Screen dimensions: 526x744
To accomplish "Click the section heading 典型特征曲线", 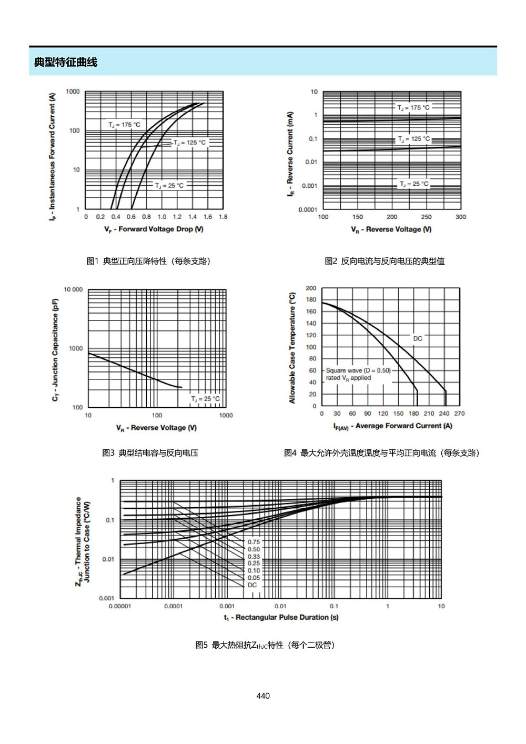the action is pos(65,62).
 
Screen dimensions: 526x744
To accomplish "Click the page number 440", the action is pos(263,696).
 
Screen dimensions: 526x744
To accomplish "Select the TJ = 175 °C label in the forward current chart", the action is pos(125,125).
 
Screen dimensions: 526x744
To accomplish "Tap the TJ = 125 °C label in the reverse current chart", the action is pos(414,139).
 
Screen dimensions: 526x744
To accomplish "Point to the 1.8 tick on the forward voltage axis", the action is pos(223,217).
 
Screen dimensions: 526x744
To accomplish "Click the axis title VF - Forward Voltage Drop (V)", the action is pos(154,229).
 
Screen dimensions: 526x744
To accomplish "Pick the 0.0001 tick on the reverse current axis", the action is pos(308,209).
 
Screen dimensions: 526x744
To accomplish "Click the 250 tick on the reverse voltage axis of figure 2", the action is pos(426,217).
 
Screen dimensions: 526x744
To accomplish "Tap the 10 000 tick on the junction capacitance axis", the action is pos(73,289).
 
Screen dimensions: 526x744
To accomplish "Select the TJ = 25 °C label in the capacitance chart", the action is pos(206,399).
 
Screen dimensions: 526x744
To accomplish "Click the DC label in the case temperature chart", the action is pos(418,338).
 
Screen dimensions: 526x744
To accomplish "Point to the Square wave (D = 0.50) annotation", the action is pos(358,370).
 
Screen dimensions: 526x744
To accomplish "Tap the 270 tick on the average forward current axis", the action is pos(460,414).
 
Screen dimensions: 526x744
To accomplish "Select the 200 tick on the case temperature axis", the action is pos(311,288).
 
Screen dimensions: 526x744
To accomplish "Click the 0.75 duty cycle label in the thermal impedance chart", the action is pos(254,542).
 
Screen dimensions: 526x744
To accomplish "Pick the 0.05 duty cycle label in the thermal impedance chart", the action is pos(254,578).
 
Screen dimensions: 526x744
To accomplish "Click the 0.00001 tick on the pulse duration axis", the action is pos(120,606).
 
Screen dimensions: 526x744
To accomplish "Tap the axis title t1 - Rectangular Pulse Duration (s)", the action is pos(281,617).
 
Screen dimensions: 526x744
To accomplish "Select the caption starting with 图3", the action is pos(150,453).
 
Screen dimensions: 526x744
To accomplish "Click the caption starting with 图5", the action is pos(265,646).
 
